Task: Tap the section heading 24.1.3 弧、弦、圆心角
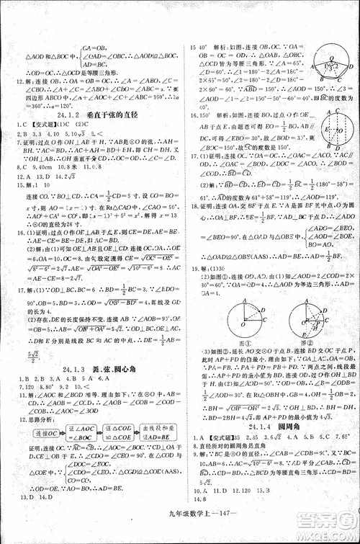(x=94, y=370)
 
